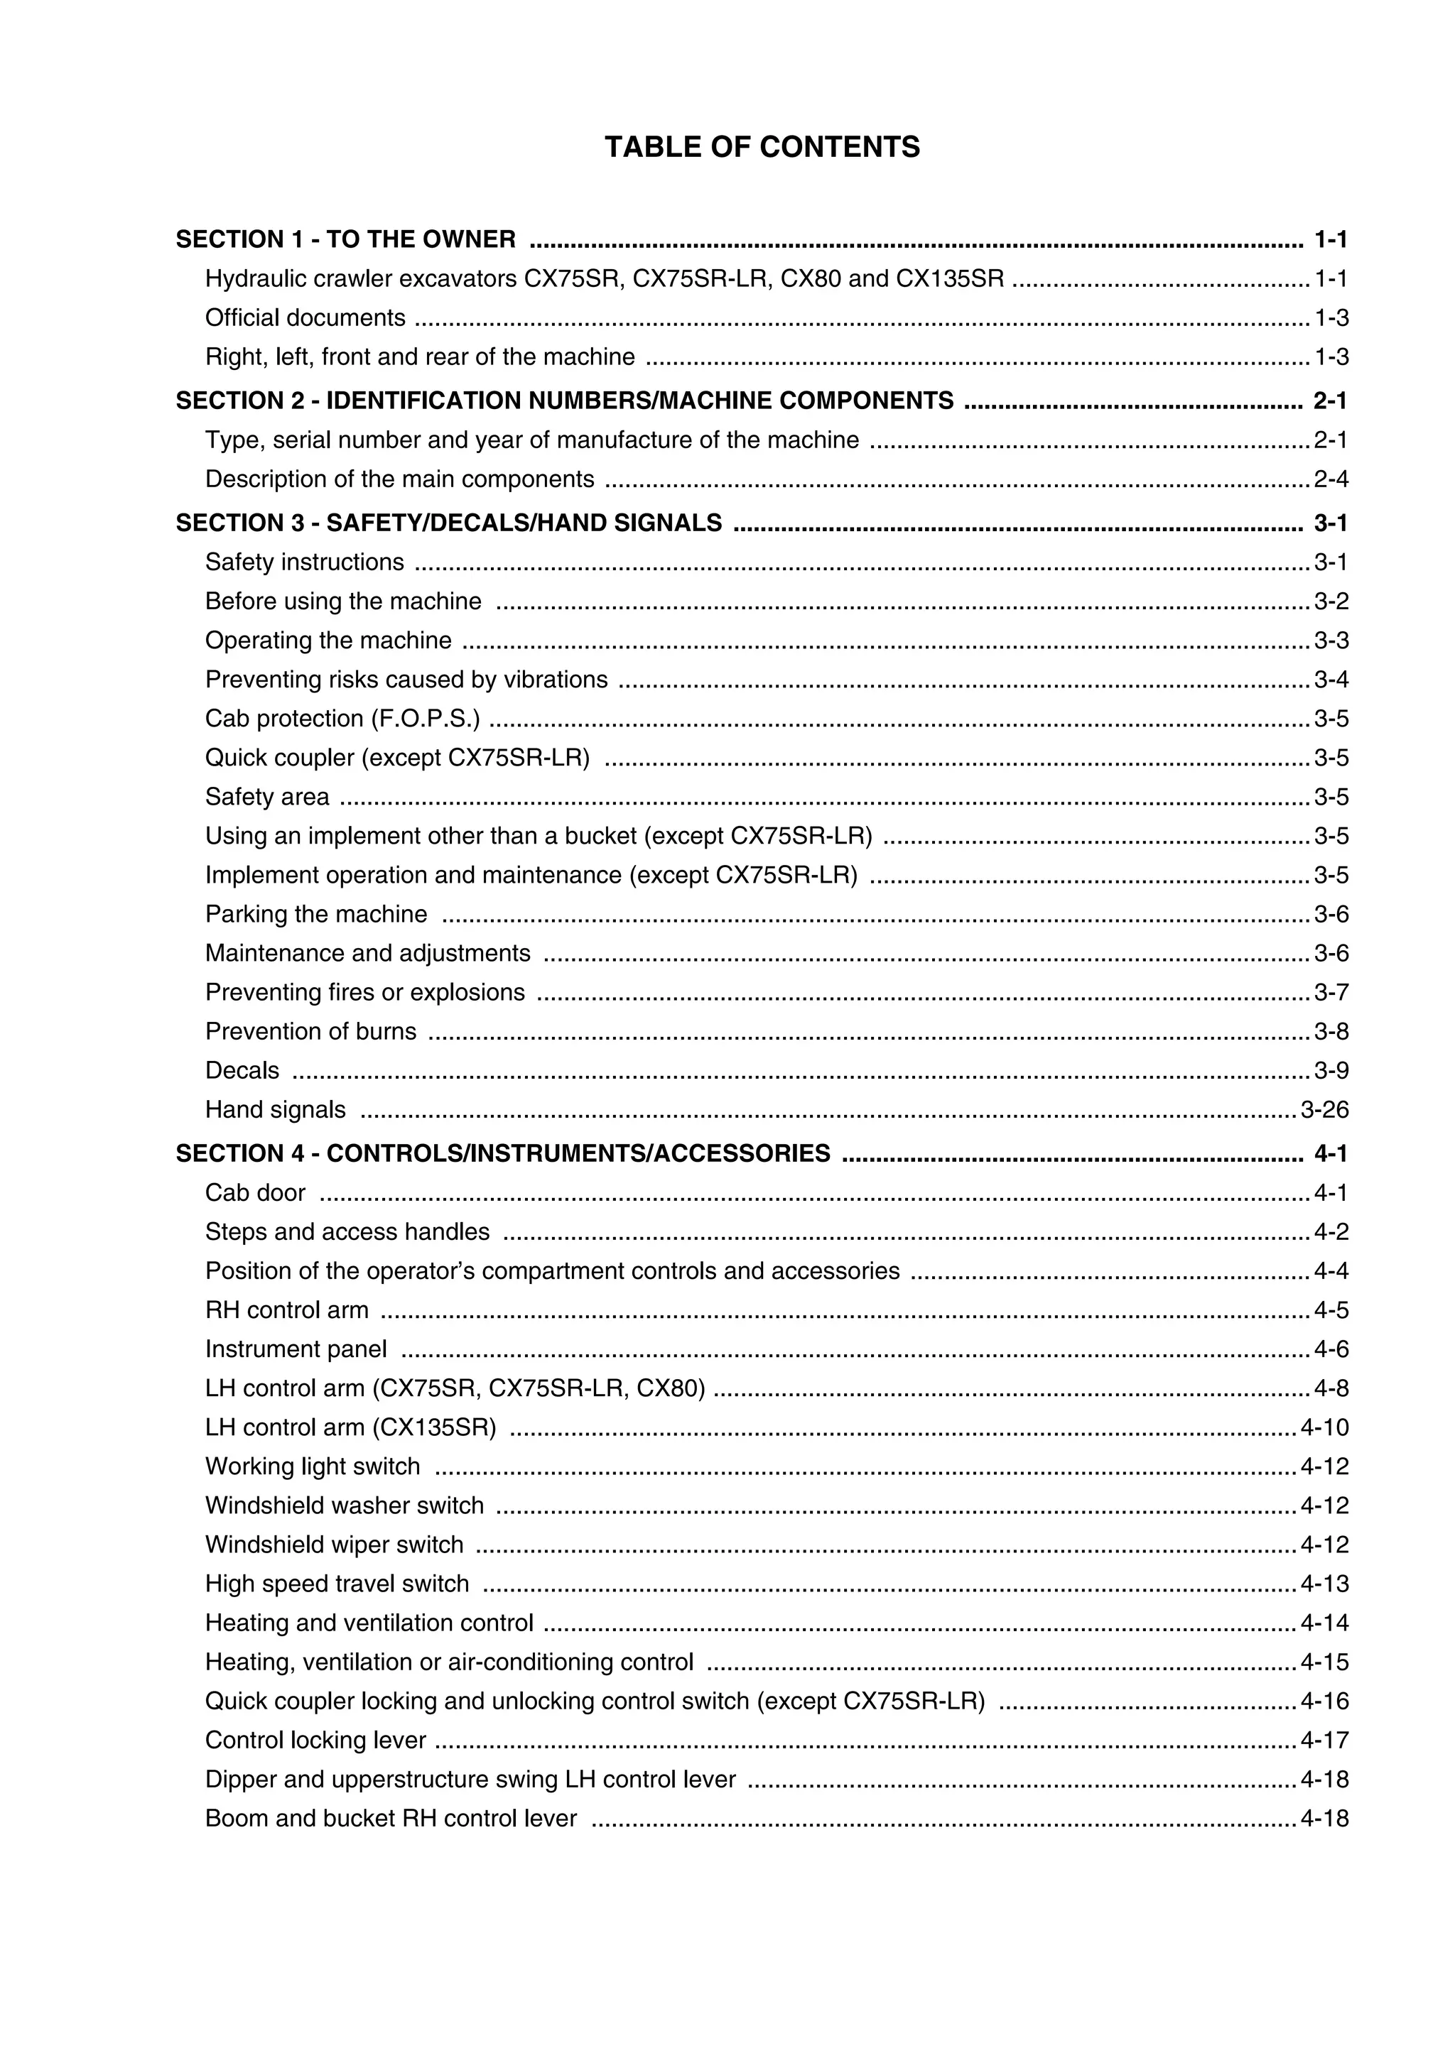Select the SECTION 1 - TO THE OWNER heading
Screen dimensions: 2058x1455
(x=345, y=239)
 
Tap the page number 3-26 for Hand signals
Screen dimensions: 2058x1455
(x=1324, y=1110)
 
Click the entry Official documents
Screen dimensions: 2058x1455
(x=305, y=318)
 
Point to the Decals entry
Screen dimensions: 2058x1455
(x=242, y=1070)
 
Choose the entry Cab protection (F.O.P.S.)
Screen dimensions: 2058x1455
(x=342, y=719)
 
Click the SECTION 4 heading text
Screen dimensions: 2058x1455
(x=502, y=1153)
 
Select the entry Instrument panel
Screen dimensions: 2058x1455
(x=296, y=1349)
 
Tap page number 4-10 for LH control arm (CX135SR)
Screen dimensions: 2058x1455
(x=1324, y=1427)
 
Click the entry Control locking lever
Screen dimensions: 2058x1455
(x=315, y=1740)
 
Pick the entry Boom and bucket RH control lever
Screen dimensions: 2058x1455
(x=391, y=1819)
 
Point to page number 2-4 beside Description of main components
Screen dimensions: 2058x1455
(x=1331, y=479)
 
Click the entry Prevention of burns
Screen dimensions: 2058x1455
(x=310, y=1032)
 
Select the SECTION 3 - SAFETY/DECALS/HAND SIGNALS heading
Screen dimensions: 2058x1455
(x=448, y=523)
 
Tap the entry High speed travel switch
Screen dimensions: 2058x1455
(x=337, y=1584)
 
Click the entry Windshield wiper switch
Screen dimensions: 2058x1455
(x=335, y=1545)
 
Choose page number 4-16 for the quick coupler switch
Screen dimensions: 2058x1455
(x=1324, y=1702)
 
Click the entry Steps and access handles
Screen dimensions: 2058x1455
(x=347, y=1231)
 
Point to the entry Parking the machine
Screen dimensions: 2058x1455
(x=315, y=914)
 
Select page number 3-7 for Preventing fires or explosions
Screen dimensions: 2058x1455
(x=1331, y=992)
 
